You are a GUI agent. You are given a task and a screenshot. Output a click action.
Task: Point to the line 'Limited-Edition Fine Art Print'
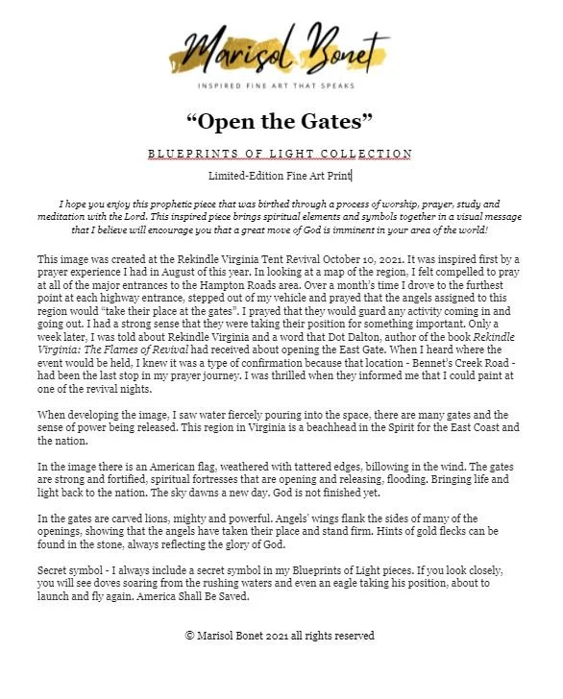[281, 176]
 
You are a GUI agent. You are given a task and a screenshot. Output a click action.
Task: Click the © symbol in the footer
[190, 636]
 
